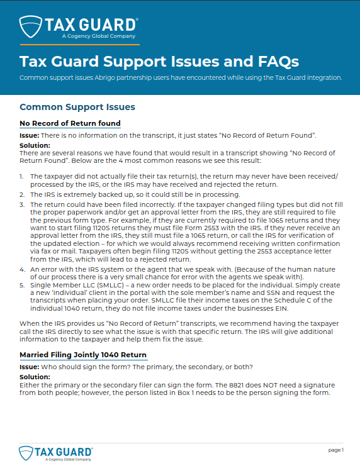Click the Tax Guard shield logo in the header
(x=30, y=26)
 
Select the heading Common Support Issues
(x=77, y=108)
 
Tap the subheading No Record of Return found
(x=70, y=123)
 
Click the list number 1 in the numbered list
(x=21, y=178)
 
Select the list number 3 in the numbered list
(x=21, y=204)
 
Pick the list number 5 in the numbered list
(x=21, y=285)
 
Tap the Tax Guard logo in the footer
(x=56, y=453)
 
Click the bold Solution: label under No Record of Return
(x=35, y=145)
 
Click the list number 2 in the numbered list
(x=21, y=195)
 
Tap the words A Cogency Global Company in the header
(x=98, y=36)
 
